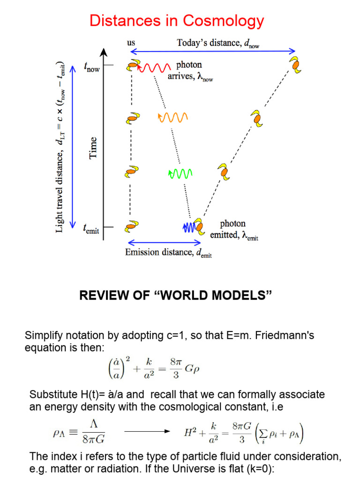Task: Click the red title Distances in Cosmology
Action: [177, 21]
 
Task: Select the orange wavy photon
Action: [173, 117]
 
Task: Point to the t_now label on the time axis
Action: [91, 68]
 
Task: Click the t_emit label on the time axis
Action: [91, 229]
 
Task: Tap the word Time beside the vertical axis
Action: [93, 147]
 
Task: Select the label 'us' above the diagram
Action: [131, 43]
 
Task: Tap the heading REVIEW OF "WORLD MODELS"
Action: [176, 295]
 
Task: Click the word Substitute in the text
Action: [52, 394]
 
